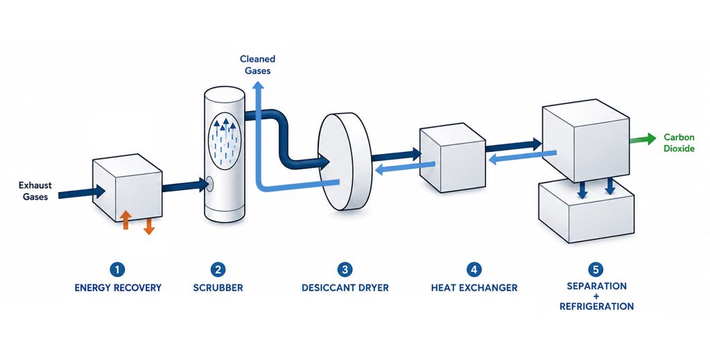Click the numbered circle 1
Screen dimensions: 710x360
point(117,270)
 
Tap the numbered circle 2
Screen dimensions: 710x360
point(218,270)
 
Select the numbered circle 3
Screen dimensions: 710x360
point(345,270)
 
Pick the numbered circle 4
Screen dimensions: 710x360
point(474,270)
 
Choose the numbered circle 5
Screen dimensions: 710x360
point(596,270)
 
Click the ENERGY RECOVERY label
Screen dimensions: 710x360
point(118,288)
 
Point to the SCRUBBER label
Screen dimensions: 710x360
point(218,288)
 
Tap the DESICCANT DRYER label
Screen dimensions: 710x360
point(345,288)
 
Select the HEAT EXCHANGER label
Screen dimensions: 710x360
point(474,288)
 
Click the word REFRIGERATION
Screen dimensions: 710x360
point(596,307)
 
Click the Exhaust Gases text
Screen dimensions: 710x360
point(35,191)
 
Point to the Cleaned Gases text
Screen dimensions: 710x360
point(258,65)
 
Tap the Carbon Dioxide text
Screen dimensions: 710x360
point(679,143)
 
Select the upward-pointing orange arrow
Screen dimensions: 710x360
point(126,220)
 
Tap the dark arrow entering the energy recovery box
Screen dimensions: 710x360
point(82,192)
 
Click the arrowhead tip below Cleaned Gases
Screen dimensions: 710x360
point(258,82)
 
